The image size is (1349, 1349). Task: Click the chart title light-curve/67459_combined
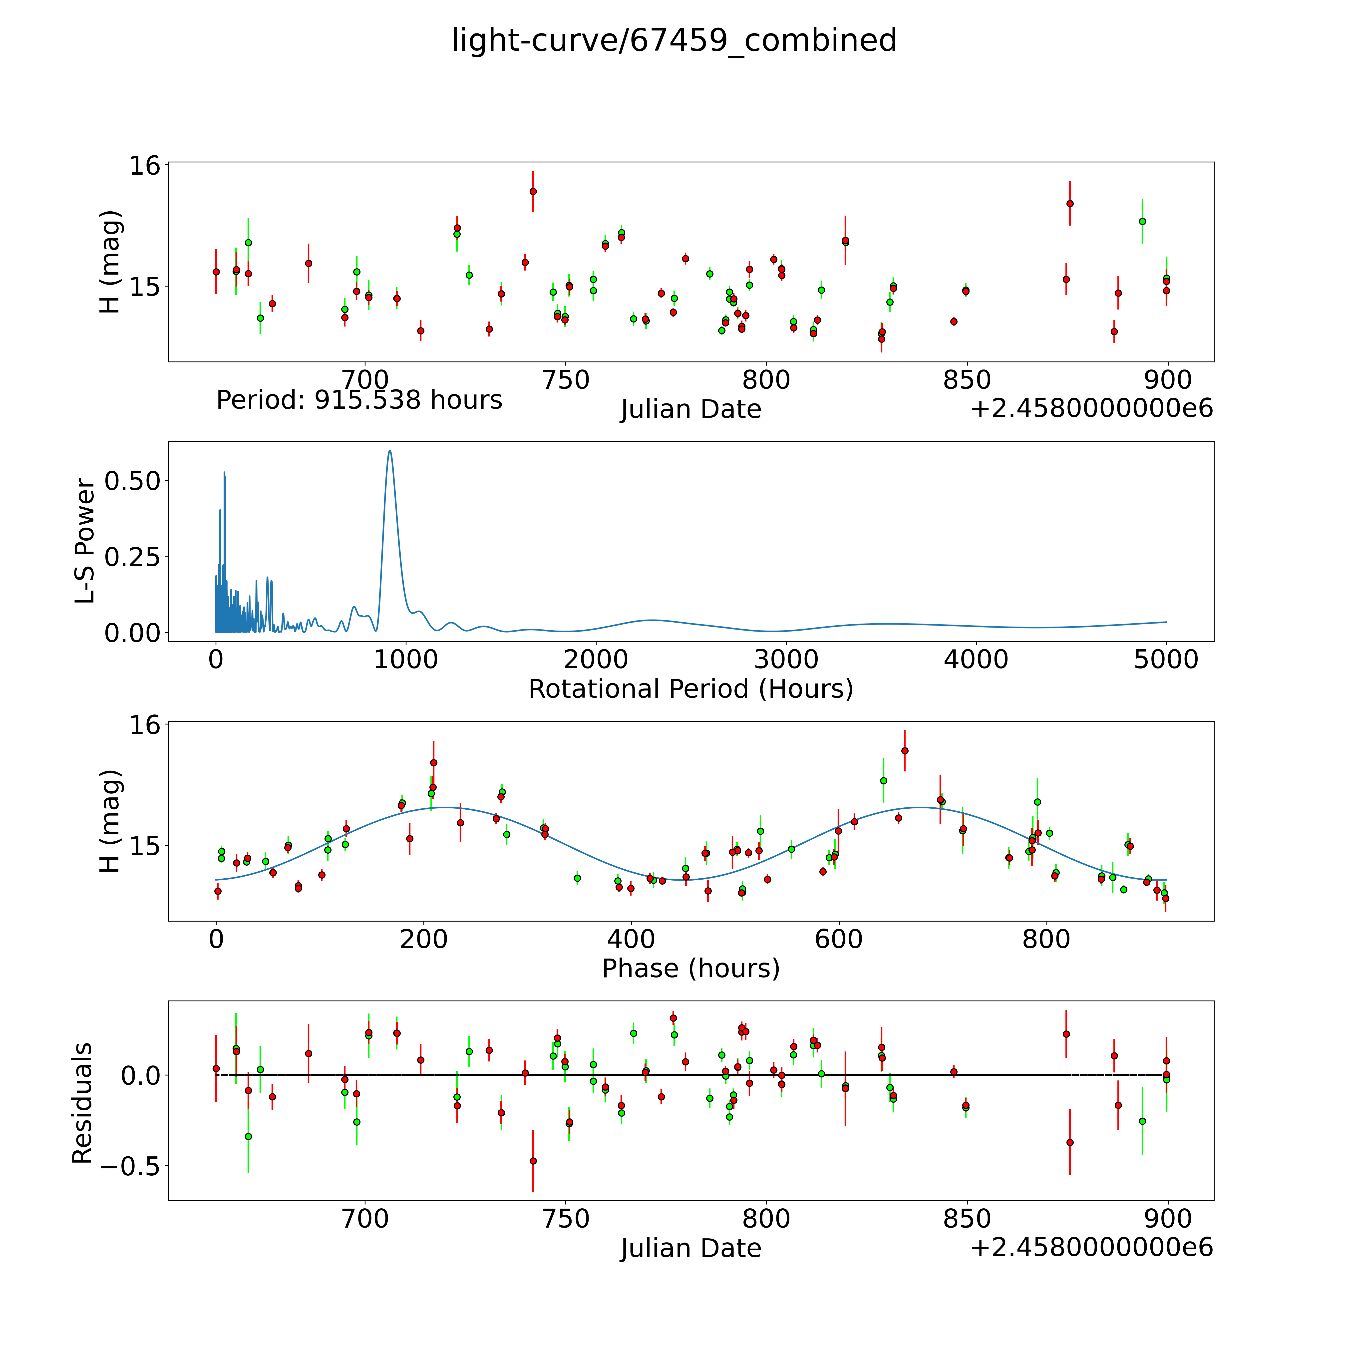(x=674, y=40)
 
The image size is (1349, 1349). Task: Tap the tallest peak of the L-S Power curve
(x=390, y=451)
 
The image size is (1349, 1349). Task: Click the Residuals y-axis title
(x=82, y=1103)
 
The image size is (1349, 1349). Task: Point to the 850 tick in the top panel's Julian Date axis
(x=967, y=380)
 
